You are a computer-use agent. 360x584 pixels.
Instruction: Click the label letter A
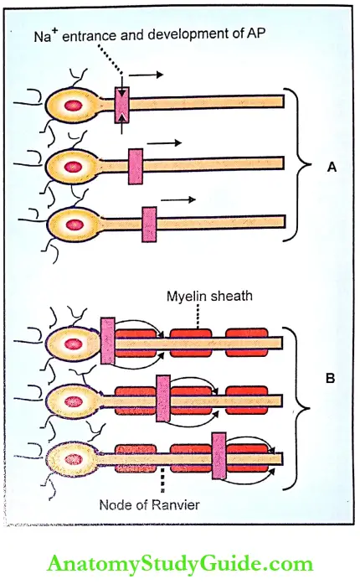(x=332, y=167)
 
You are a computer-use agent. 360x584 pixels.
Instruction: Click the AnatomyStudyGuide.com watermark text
(x=178, y=564)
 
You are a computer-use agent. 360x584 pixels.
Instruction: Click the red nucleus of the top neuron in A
(x=72, y=106)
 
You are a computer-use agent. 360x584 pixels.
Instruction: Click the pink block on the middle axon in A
(x=136, y=165)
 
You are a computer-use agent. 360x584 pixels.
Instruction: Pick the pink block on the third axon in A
(x=150, y=225)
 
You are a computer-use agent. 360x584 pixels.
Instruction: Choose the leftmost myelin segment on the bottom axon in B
(x=135, y=460)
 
